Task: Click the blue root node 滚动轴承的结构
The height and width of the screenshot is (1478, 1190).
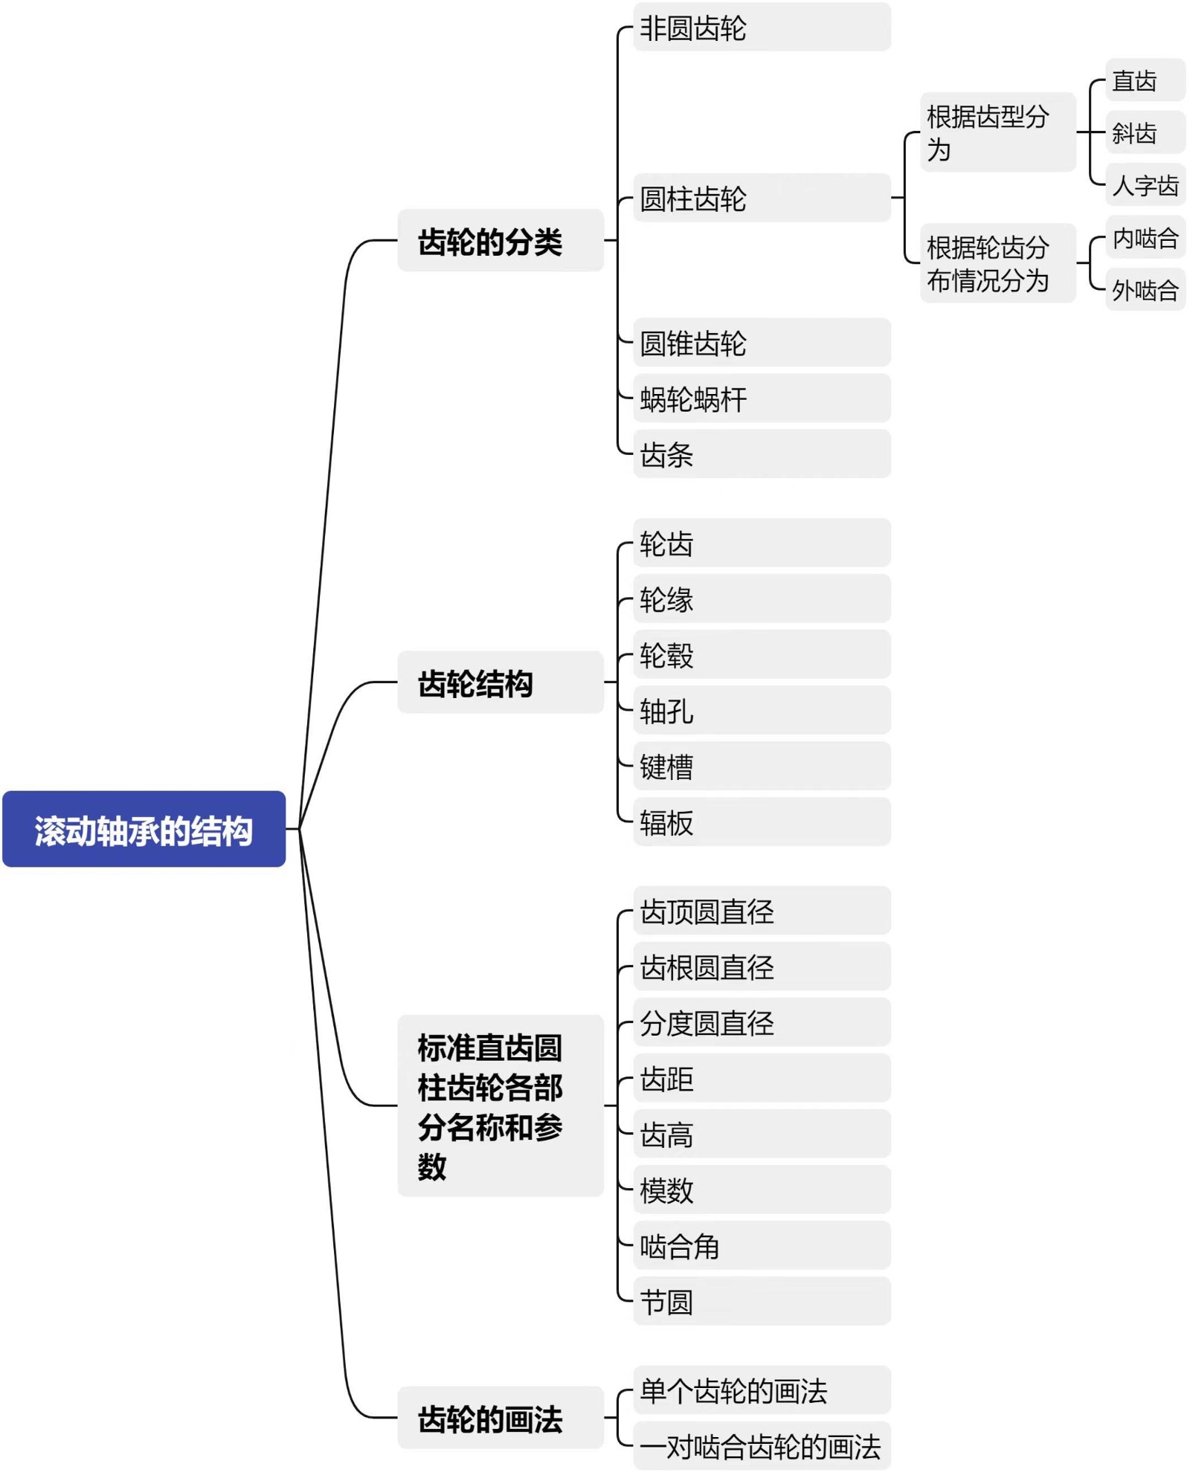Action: coord(144,829)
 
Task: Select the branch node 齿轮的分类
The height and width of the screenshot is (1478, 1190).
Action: coord(500,241)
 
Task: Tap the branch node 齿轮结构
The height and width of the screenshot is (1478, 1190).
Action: coord(500,682)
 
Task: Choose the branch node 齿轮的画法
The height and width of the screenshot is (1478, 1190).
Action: coord(500,1418)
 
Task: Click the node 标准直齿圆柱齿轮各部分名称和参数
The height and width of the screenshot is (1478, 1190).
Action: coord(500,1106)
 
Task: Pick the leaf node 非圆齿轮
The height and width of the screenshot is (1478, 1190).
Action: coord(761,28)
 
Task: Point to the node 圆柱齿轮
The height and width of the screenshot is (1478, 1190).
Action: coord(761,198)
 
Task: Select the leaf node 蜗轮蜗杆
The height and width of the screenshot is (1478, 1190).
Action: coord(761,398)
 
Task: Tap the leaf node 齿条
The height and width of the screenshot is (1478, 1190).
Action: coord(761,454)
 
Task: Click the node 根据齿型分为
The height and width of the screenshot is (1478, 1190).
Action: coord(997,132)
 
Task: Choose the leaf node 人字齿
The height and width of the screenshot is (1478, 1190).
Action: coord(1145,185)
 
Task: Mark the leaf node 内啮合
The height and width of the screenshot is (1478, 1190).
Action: coord(1145,238)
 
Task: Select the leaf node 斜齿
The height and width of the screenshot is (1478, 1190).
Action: coord(1145,132)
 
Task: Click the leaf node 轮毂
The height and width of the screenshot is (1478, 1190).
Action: coord(761,655)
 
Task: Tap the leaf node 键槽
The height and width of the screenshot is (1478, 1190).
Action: coord(761,767)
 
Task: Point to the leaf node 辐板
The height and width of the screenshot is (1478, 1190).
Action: coord(761,822)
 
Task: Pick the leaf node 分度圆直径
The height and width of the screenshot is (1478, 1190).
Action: coord(761,1023)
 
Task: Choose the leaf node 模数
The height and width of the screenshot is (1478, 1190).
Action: coord(761,1190)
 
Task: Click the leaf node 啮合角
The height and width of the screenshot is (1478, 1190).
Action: coord(761,1246)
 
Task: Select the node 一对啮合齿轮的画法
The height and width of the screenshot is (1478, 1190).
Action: coord(761,1446)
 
